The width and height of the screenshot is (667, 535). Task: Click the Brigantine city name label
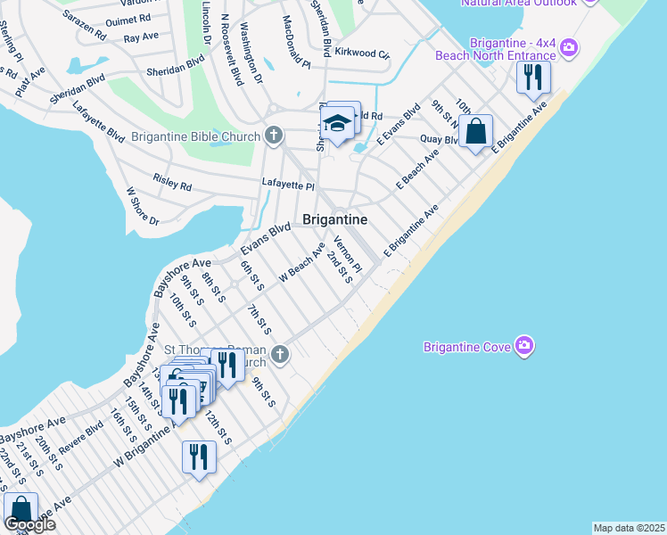click(334, 219)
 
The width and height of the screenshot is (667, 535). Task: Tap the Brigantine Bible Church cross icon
click(274, 136)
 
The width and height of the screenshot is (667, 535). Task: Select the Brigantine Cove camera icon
click(524, 345)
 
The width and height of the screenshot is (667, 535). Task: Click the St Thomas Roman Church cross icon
click(280, 355)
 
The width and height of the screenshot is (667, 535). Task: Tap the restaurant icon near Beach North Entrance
click(533, 77)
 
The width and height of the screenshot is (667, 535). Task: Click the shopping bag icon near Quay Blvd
click(477, 132)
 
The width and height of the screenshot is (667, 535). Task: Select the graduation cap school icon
click(337, 125)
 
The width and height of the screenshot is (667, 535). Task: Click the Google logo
click(29, 524)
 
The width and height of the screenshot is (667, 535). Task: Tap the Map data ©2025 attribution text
click(630, 528)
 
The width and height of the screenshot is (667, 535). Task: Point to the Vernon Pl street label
click(348, 255)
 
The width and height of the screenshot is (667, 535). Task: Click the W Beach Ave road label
click(301, 262)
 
